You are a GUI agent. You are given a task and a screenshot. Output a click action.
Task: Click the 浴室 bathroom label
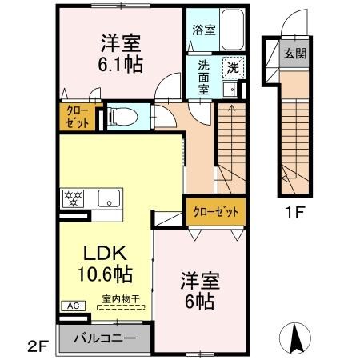coord(203,30)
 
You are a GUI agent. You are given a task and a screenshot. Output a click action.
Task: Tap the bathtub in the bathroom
coord(233,32)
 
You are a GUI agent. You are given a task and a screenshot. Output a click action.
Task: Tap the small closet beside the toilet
coord(77,118)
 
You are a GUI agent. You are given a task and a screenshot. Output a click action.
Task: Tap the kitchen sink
coord(108,198)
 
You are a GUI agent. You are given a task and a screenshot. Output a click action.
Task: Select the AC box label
coord(70,306)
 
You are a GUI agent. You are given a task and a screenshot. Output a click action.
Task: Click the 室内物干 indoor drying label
coord(121,299)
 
